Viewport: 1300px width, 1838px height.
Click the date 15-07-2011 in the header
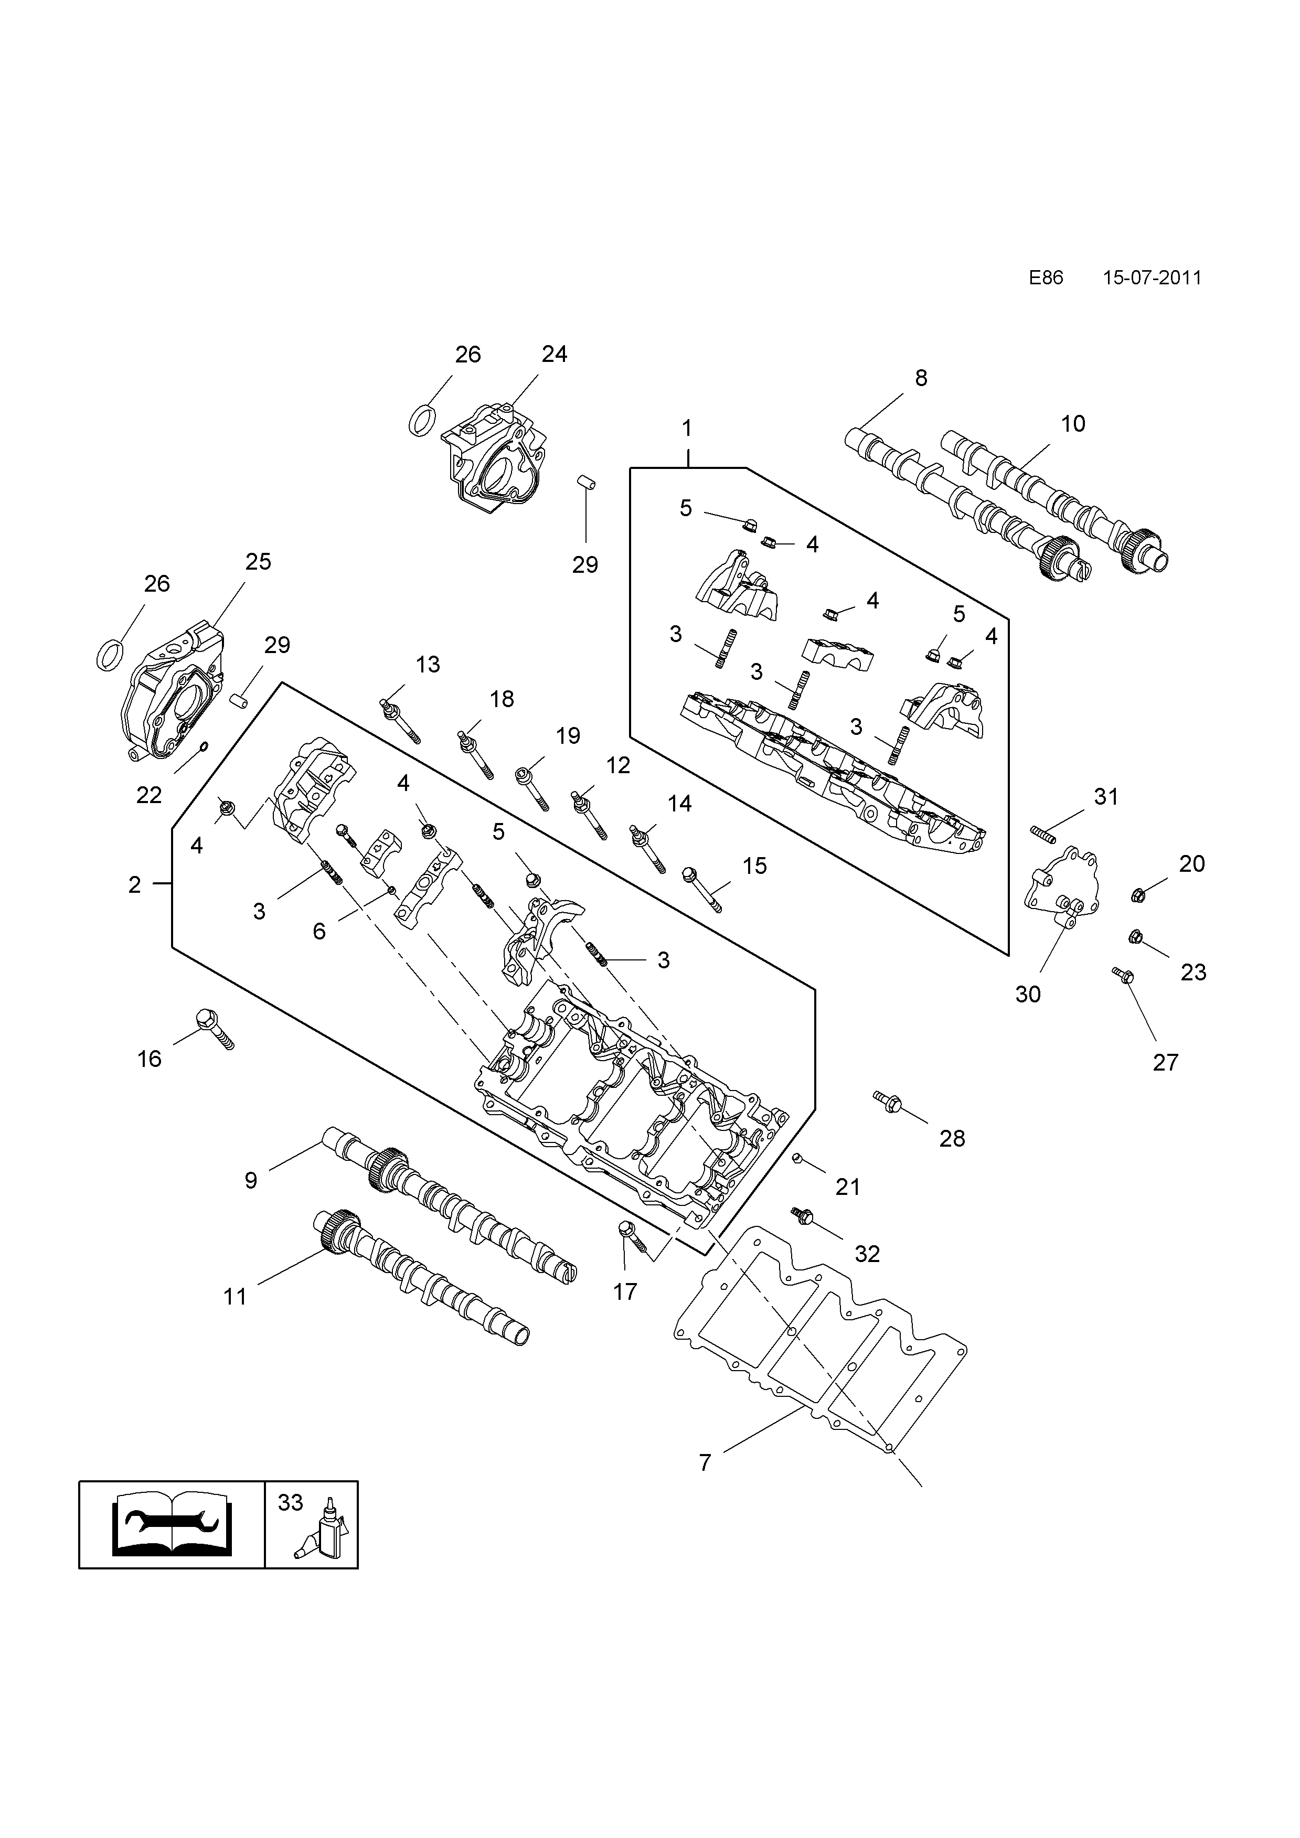pos(1152,278)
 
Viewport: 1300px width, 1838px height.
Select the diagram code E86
pos(1046,278)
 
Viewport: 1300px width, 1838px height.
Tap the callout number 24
pos(554,354)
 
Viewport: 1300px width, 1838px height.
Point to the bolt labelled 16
pos(215,1029)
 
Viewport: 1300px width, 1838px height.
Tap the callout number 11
pos(235,1296)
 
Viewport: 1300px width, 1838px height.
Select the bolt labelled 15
pos(701,890)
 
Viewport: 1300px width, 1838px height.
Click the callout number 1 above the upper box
pos(686,429)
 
